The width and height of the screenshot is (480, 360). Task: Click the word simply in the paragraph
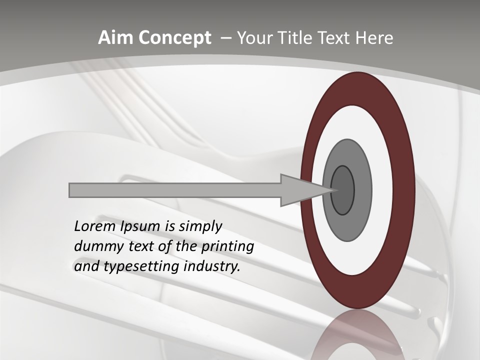200,226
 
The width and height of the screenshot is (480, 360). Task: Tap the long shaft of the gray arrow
175,190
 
